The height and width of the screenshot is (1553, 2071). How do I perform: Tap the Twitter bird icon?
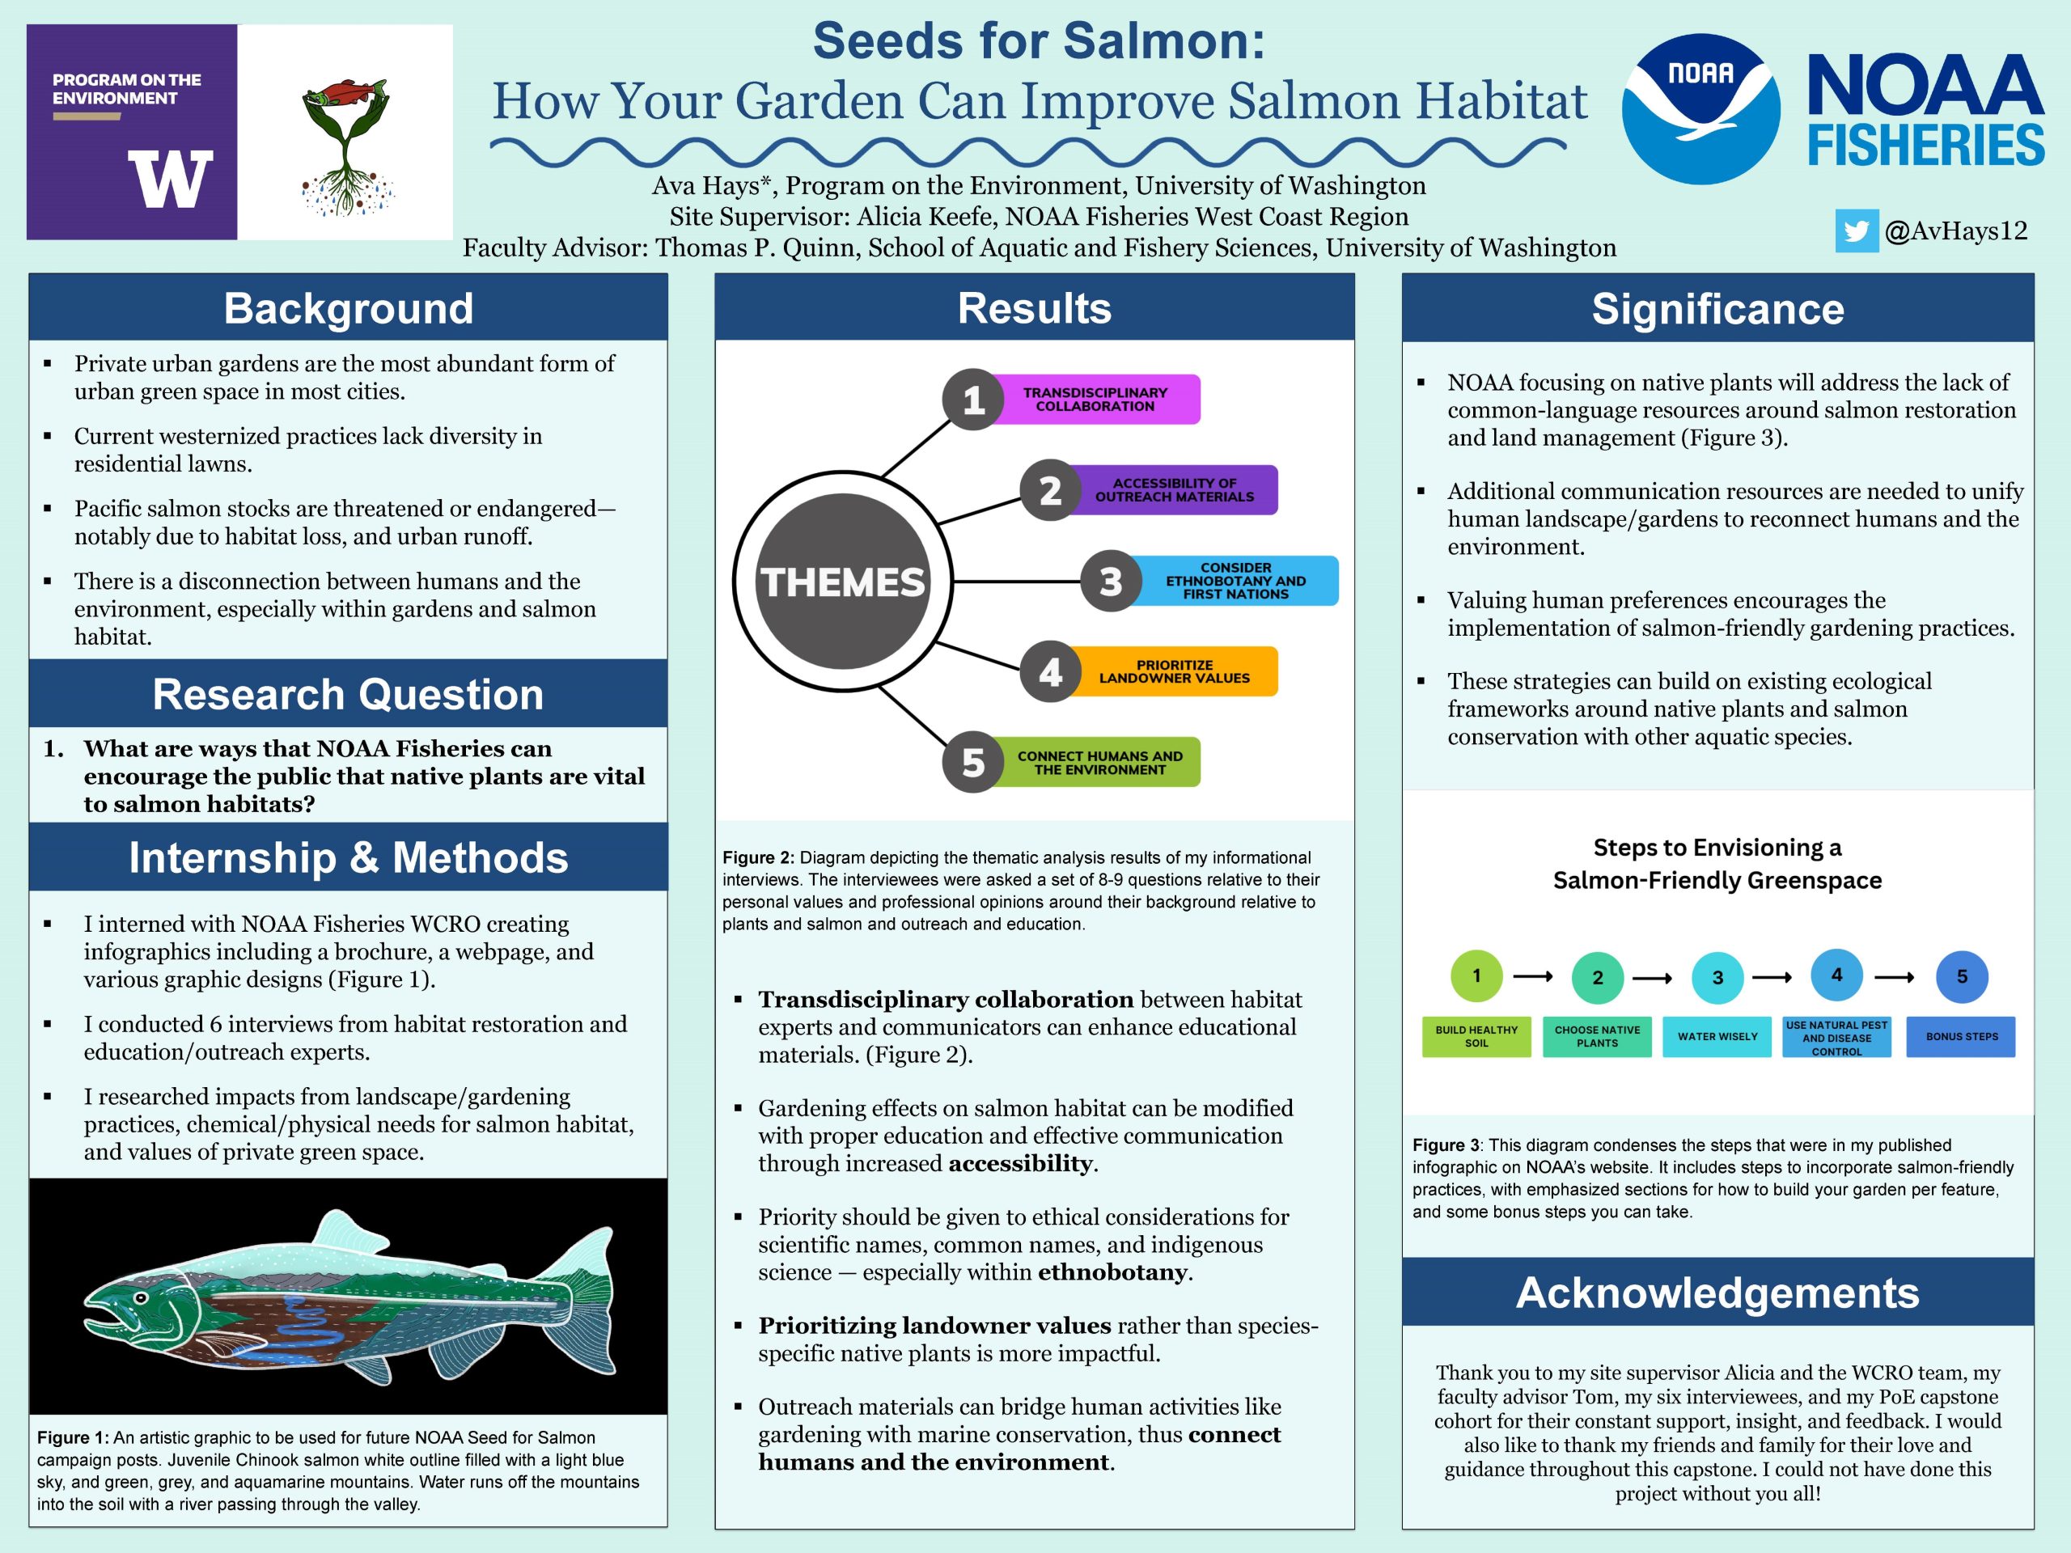click(1856, 231)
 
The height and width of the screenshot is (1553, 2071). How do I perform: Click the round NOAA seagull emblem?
click(1700, 109)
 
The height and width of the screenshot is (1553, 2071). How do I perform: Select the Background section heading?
click(349, 309)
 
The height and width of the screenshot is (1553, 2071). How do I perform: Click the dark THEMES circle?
click(843, 582)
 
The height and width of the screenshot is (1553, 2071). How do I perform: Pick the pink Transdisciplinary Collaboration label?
click(1095, 400)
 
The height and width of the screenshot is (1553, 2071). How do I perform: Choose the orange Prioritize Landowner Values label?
click(1174, 671)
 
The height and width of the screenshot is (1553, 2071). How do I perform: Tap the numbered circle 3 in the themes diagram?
click(1111, 582)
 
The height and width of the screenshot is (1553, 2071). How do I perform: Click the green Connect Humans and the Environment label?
click(1099, 762)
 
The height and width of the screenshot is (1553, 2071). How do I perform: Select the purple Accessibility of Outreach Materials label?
click(1174, 489)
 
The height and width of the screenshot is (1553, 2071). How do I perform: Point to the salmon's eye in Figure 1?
click(141, 1298)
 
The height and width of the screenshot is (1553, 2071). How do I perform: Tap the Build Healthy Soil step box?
click(1476, 1036)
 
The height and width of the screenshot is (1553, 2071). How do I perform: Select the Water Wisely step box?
click(1717, 1036)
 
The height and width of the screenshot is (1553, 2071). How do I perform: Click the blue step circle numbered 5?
click(1962, 976)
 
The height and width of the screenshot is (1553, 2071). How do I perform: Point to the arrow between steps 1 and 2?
click(1533, 976)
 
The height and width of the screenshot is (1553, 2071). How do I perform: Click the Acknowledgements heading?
click(1717, 1293)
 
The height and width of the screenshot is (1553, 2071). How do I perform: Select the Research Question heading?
click(349, 695)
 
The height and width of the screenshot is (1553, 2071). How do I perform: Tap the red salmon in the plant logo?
click(345, 95)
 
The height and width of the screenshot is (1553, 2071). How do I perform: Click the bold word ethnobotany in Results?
click(1113, 1272)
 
